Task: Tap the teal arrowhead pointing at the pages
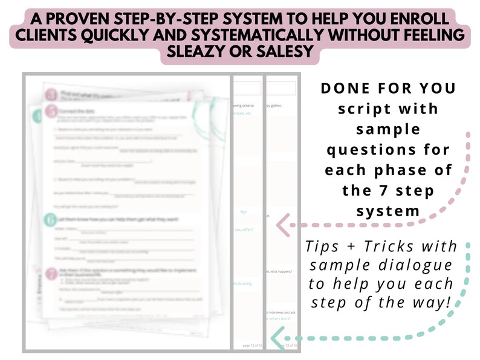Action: coord(277,338)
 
